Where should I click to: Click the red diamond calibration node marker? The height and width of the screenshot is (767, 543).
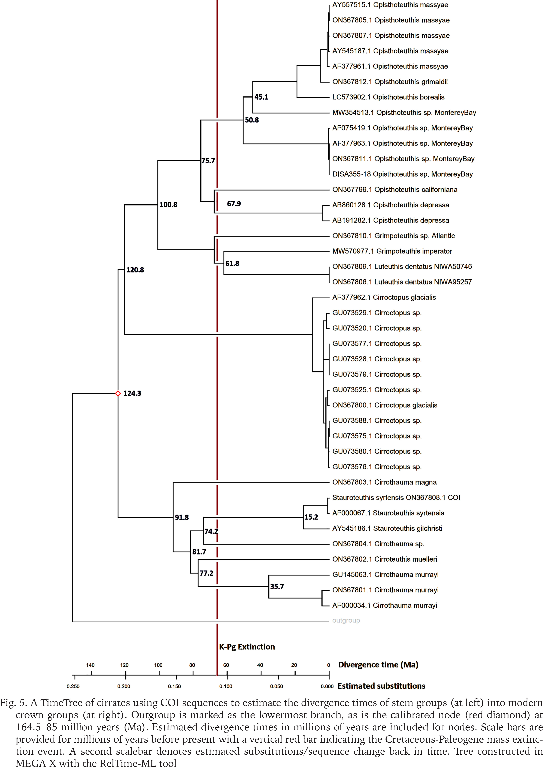tap(118, 394)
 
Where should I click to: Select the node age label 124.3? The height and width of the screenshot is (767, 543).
tap(132, 394)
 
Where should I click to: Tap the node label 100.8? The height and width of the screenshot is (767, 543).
tap(168, 205)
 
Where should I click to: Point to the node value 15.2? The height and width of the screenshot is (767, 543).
tap(311, 517)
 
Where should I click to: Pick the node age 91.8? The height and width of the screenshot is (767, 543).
tap(182, 518)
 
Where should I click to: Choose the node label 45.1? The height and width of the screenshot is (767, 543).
tap(261, 97)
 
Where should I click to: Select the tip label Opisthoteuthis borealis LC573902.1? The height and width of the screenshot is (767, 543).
tap(388, 97)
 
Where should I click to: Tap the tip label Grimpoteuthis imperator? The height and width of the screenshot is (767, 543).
tap(392, 251)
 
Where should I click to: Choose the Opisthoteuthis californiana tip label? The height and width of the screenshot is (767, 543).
tap(395, 190)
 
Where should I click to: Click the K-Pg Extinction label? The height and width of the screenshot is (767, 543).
tap(247, 647)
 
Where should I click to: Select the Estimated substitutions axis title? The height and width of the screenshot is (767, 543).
tap(382, 686)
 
